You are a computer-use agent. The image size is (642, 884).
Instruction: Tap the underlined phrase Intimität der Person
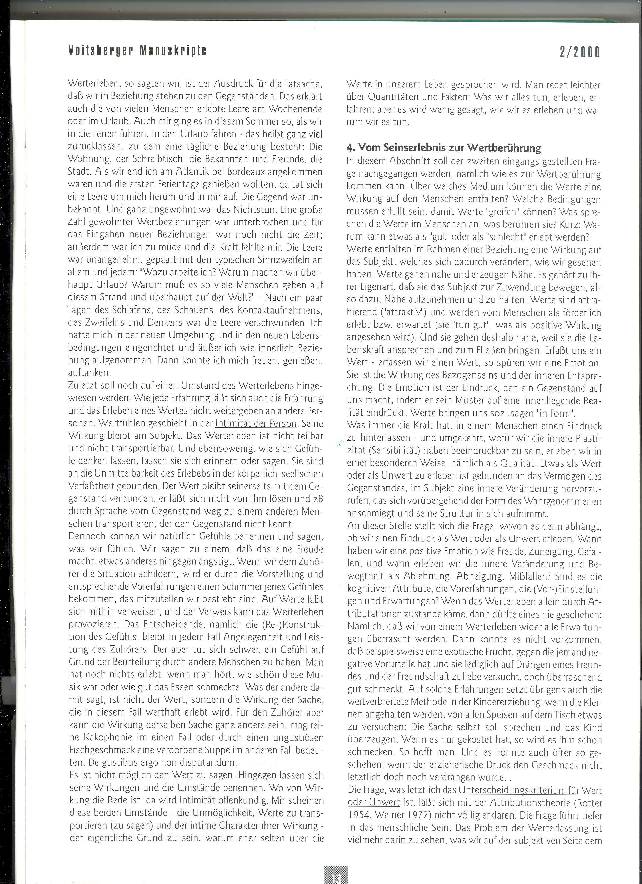click(256, 423)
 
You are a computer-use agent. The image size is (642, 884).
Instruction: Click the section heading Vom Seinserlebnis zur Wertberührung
click(444, 148)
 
